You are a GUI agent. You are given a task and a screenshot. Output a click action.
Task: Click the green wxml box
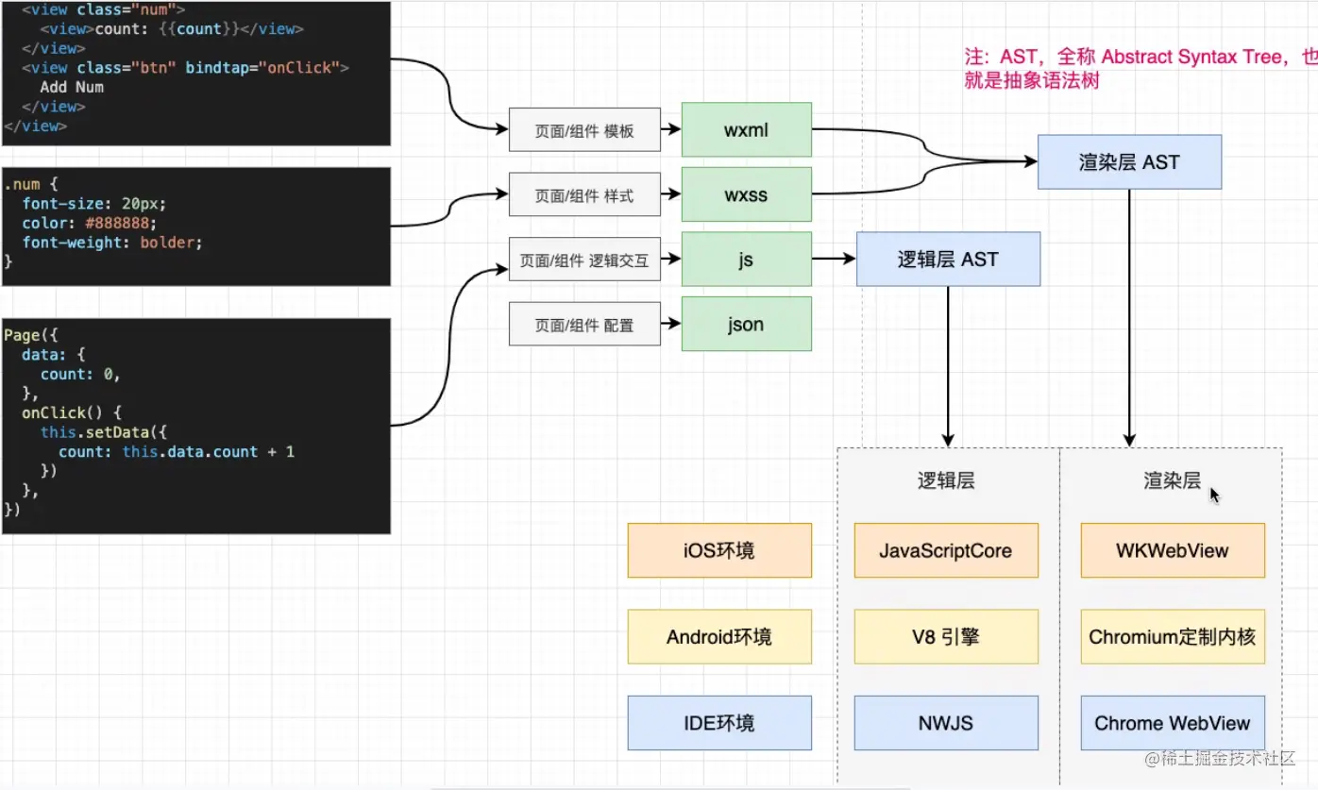click(x=746, y=130)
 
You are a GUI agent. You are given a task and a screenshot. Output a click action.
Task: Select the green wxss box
click(x=746, y=195)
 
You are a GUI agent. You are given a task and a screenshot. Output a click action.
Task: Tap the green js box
click(x=746, y=260)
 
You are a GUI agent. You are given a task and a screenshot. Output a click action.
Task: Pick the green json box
click(x=746, y=324)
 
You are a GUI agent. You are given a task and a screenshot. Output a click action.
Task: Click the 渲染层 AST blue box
click(x=1129, y=162)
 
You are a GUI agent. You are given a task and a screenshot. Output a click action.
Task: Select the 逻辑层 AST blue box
click(x=948, y=260)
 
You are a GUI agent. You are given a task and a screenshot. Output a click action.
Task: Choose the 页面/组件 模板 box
click(x=584, y=131)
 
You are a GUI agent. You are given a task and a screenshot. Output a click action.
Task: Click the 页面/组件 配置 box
click(x=584, y=325)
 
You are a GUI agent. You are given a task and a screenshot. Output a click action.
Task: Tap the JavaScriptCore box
click(x=946, y=551)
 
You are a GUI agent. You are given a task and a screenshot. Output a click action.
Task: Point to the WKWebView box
click(x=1173, y=551)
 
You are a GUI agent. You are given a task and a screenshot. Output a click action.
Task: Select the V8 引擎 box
click(x=946, y=637)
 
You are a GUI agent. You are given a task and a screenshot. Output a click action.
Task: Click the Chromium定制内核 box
click(x=1173, y=637)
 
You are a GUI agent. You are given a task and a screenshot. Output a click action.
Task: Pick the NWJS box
click(x=946, y=724)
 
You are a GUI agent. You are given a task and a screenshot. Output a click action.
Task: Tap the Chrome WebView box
click(x=1173, y=724)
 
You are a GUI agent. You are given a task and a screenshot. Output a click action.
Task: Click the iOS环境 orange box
click(x=719, y=551)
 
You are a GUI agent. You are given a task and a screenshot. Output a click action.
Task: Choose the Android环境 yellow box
click(x=719, y=637)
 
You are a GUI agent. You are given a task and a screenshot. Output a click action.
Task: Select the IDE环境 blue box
click(x=719, y=724)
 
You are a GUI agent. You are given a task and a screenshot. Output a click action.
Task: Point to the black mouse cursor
click(x=1214, y=494)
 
